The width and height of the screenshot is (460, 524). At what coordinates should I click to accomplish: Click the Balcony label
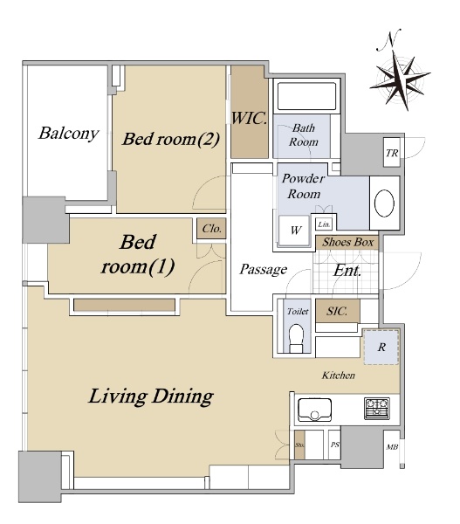tap(68, 134)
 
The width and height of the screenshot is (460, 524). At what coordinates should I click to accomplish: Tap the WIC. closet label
tap(250, 118)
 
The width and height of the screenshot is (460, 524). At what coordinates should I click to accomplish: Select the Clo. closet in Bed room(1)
tap(211, 229)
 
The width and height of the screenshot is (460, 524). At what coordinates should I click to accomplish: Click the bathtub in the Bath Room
tap(306, 96)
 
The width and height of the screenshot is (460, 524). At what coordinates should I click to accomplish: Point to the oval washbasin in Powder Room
tap(384, 203)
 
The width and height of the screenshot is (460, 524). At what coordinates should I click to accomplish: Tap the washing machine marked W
tap(295, 231)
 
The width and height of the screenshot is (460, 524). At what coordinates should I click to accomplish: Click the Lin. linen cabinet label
tap(324, 224)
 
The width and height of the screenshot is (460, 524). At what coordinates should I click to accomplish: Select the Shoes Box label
tap(347, 242)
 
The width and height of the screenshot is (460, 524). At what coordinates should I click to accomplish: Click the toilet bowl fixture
tap(296, 338)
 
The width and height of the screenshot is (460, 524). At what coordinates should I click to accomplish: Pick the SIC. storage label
tap(337, 311)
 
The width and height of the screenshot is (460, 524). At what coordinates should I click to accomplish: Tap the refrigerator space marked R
tap(381, 347)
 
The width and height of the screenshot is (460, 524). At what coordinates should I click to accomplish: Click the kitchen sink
tap(314, 410)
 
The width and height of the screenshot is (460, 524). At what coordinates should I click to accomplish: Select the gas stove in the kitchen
tap(377, 408)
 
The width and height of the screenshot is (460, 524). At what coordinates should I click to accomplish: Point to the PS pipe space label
tap(334, 445)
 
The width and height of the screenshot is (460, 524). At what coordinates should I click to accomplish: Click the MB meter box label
tap(392, 446)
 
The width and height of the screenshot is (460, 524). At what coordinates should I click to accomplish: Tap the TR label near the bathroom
tap(392, 153)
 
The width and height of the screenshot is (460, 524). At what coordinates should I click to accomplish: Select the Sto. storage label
tap(299, 445)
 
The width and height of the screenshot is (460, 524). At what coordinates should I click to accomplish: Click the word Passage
tap(264, 269)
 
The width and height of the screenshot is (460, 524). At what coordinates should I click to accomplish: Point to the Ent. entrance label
tap(347, 271)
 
